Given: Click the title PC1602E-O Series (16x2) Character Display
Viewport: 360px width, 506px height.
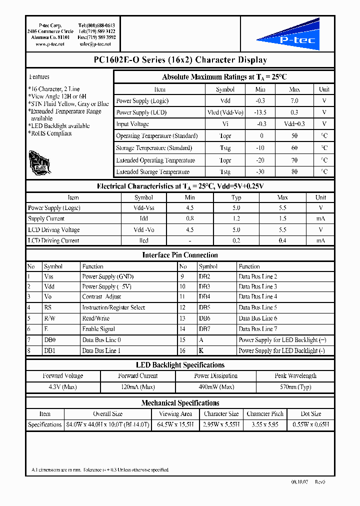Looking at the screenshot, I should point(180,60).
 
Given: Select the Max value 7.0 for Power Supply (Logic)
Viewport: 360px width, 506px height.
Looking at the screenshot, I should point(294,101).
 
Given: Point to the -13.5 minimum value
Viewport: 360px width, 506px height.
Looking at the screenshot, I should point(260,112).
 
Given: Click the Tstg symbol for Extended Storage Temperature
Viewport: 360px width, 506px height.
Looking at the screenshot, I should point(225,172).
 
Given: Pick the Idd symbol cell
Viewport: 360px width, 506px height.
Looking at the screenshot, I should point(143,219).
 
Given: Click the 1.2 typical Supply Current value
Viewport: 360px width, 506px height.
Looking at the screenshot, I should point(236,219).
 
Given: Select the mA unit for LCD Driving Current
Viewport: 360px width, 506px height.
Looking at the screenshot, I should point(320,240).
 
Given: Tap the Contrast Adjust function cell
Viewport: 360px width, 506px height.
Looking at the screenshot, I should point(101,297).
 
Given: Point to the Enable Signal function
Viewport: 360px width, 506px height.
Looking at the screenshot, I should point(98,329).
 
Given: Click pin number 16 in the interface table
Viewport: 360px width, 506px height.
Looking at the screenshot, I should point(182,351).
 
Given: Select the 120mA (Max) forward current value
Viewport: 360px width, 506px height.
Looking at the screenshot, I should point(138,387).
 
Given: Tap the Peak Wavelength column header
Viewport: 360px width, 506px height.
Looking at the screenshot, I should point(295,376).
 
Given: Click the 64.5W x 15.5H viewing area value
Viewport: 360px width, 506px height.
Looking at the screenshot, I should point(175,424).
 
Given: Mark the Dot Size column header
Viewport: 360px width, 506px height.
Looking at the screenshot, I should point(310,414).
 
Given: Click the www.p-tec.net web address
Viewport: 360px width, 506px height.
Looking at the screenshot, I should point(50,44).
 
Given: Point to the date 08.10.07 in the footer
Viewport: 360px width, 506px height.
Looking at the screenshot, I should point(300,482).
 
